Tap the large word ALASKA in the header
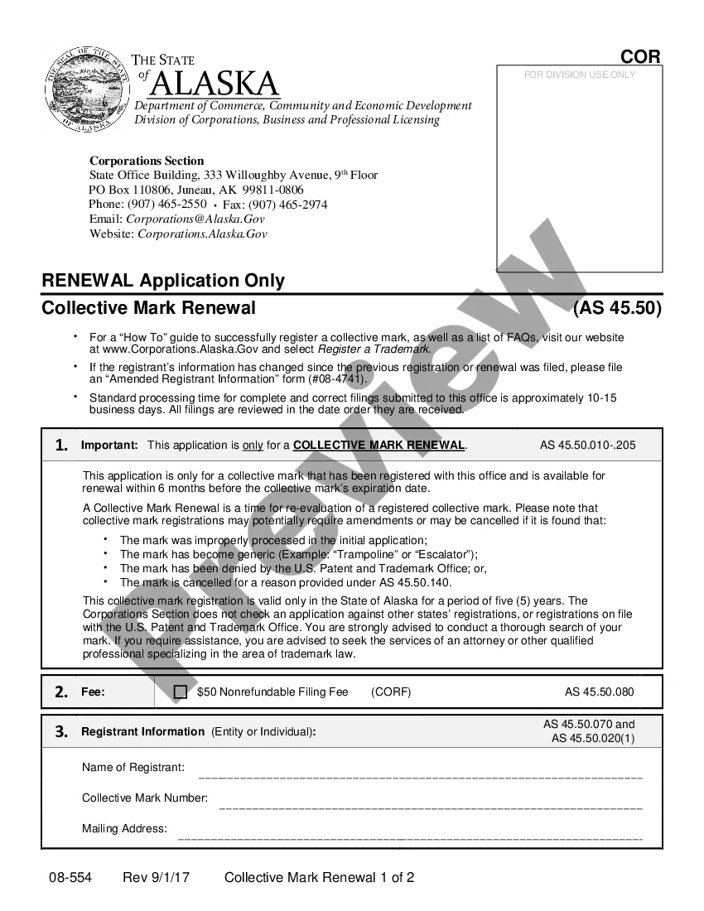click(215, 84)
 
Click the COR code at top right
click(640, 56)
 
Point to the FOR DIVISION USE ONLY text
click(580, 75)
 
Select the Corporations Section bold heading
click(147, 161)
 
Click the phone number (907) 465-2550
click(167, 204)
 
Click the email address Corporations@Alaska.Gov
click(195, 219)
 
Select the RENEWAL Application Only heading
click(163, 280)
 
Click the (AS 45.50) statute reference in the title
click(617, 308)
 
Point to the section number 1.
click(61, 445)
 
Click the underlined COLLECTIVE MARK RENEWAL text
click(379, 445)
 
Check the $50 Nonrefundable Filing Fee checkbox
click(181, 692)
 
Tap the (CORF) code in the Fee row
click(391, 692)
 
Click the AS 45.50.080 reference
click(599, 692)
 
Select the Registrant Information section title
click(142, 731)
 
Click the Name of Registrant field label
click(133, 767)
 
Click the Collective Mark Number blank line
click(431, 806)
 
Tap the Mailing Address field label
click(124, 828)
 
